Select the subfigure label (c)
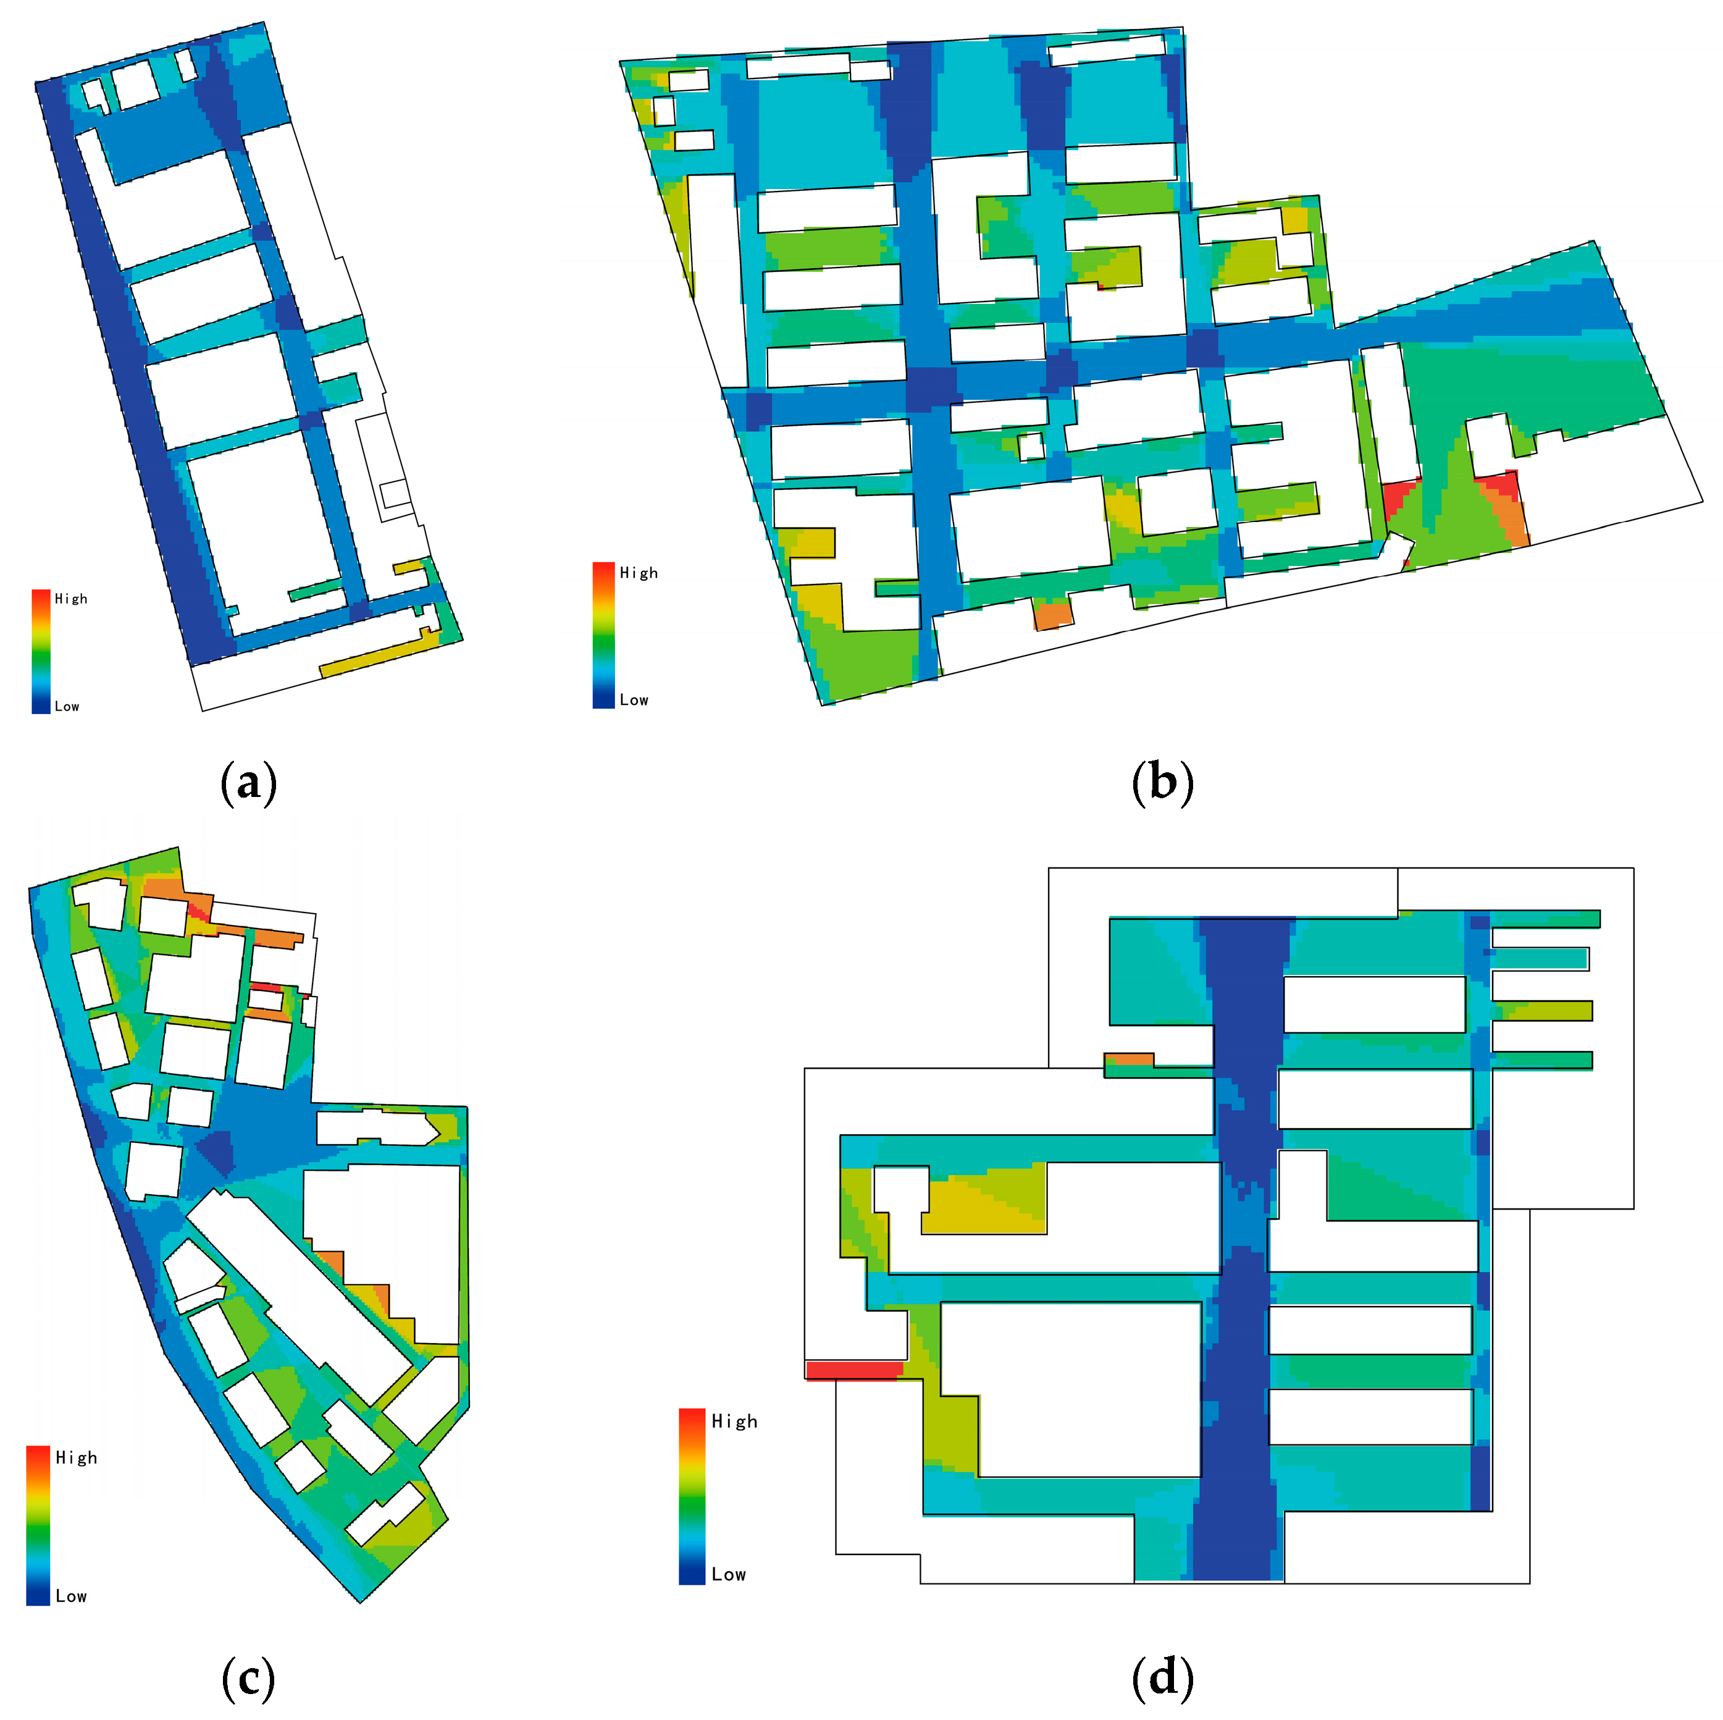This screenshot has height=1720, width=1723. point(248,1679)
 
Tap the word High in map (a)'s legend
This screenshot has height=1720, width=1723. point(72,599)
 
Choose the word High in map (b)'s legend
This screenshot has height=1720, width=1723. point(639,573)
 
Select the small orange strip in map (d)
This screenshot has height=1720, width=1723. point(1128,1059)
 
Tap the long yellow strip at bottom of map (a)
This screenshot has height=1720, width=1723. point(379,654)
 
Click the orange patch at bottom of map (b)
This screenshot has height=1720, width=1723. point(1052,615)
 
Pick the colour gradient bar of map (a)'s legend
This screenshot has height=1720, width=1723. point(41,651)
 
